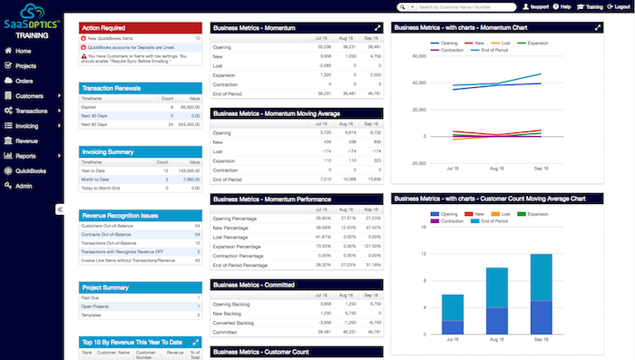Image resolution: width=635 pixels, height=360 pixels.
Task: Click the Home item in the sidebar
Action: (x=24, y=51)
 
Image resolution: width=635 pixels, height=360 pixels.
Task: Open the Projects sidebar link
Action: (x=25, y=65)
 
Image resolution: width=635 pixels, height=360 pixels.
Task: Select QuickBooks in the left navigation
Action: (x=31, y=170)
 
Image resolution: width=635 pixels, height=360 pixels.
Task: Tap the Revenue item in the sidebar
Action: (x=26, y=141)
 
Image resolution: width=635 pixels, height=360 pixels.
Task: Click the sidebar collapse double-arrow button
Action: (x=60, y=209)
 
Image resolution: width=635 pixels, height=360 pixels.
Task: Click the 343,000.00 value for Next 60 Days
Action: (x=187, y=124)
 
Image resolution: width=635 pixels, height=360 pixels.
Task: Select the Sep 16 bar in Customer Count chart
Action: (x=541, y=292)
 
